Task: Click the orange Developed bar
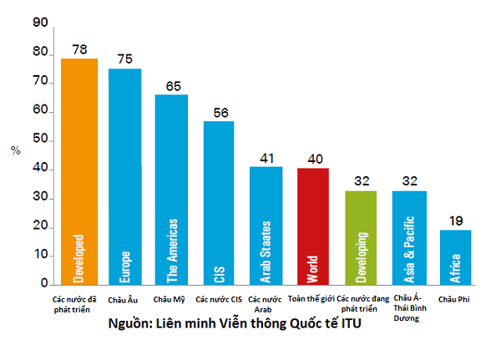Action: coord(79,171)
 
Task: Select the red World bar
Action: coord(313,226)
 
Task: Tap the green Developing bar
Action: coord(361,238)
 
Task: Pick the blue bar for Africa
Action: coord(455,257)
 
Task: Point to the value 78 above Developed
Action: coord(80,49)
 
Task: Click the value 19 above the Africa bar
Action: coord(456,221)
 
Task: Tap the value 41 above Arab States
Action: coord(266,157)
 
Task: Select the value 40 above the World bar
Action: coord(313,159)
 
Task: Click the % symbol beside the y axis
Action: coord(15,150)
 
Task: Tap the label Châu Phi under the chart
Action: coord(455,298)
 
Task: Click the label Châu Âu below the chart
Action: coord(125,298)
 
